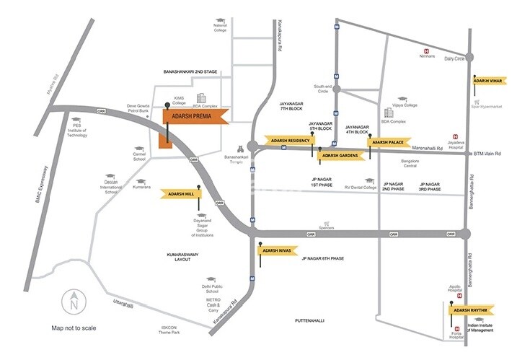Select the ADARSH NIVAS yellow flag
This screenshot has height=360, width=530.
click(278, 250)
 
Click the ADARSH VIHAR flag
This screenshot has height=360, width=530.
click(488, 82)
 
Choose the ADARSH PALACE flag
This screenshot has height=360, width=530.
click(388, 143)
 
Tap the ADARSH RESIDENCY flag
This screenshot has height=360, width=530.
click(288, 141)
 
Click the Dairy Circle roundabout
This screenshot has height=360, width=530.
click(470, 57)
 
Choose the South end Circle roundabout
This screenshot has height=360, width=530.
click(335, 90)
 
